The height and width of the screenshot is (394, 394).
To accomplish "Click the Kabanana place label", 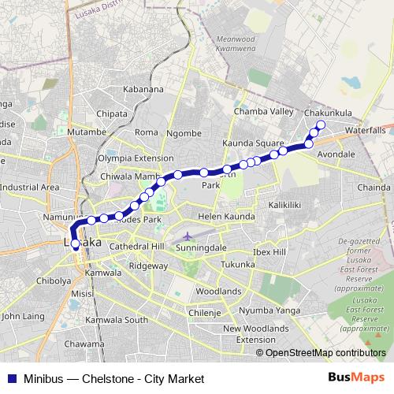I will (143, 89).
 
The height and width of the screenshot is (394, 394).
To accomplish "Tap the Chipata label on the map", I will (112, 113).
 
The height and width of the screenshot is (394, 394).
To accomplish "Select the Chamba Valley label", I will (263, 113).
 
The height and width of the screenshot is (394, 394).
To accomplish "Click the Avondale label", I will (336, 154).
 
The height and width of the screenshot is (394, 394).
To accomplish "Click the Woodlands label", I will (218, 291).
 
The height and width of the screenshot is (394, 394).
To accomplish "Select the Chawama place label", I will (84, 344).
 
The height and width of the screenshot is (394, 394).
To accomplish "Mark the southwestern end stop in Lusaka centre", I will (76, 244).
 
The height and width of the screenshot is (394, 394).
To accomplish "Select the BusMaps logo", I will (361, 378).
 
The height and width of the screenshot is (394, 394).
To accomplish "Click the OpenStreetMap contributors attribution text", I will (325, 352).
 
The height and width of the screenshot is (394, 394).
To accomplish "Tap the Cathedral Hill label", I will (136, 247).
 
